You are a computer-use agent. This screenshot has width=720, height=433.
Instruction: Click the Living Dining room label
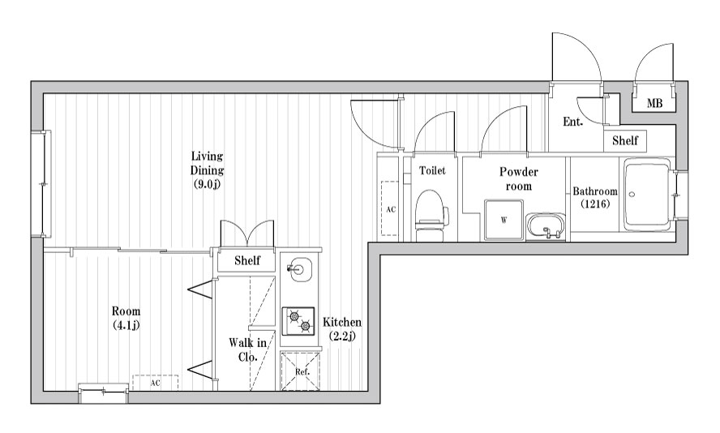tap(207, 170)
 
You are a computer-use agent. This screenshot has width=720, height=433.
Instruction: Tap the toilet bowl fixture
tap(431, 215)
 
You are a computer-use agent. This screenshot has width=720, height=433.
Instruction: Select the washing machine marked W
tap(504, 220)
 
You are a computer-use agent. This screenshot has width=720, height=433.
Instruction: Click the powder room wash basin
tap(546, 226)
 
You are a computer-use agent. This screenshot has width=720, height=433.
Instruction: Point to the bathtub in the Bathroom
tap(646, 195)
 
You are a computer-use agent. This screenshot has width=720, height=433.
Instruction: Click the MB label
tap(654, 103)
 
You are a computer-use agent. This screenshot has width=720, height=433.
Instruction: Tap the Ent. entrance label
tap(572, 122)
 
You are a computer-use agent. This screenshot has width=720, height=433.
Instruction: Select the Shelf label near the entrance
tap(625, 140)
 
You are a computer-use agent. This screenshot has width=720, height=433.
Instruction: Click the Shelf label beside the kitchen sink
tap(247, 260)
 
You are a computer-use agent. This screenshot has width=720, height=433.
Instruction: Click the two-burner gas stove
tap(298, 321)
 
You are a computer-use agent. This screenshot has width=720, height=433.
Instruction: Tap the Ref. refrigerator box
tap(302, 371)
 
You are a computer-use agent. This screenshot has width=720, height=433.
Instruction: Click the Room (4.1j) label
tap(126, 318)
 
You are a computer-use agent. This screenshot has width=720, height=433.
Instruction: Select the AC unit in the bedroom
tap(155, 383)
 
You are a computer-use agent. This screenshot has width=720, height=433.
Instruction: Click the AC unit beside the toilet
tap(390, 208)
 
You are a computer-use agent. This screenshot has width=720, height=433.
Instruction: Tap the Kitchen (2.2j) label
tap(341, 328)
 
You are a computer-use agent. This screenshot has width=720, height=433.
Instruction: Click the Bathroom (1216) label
tap(595, 197)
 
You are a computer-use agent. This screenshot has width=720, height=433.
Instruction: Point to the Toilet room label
tap(432, 170)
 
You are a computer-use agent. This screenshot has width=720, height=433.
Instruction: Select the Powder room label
tap(518, 178)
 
